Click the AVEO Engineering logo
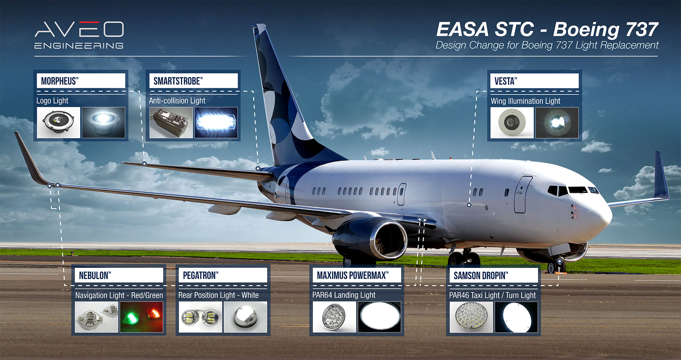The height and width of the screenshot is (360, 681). (79, 35)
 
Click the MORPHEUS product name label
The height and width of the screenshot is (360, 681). (60, 81)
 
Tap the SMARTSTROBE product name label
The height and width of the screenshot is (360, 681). (178, 81)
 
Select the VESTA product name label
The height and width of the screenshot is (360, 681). (506, 81)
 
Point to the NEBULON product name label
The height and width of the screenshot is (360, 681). (95, 275)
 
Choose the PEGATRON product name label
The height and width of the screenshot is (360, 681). (201, 275)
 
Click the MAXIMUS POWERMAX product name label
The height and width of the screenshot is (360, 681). (353, 275)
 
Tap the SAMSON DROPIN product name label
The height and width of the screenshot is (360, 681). (481, 276)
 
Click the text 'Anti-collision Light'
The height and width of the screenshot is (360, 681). (177, 101)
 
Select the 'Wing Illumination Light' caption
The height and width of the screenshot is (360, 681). (525, 101)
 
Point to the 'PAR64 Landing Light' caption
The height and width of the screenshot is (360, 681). (344, 295)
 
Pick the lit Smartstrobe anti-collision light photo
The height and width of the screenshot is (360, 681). (216, 122)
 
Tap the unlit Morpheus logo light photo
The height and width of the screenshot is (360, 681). (59, 122)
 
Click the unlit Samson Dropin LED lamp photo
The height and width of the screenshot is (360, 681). (471, 317)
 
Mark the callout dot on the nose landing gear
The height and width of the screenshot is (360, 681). (559, 261)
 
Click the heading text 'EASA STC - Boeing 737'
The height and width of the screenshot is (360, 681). (547, 29)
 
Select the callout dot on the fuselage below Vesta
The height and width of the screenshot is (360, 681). (469, 205)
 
